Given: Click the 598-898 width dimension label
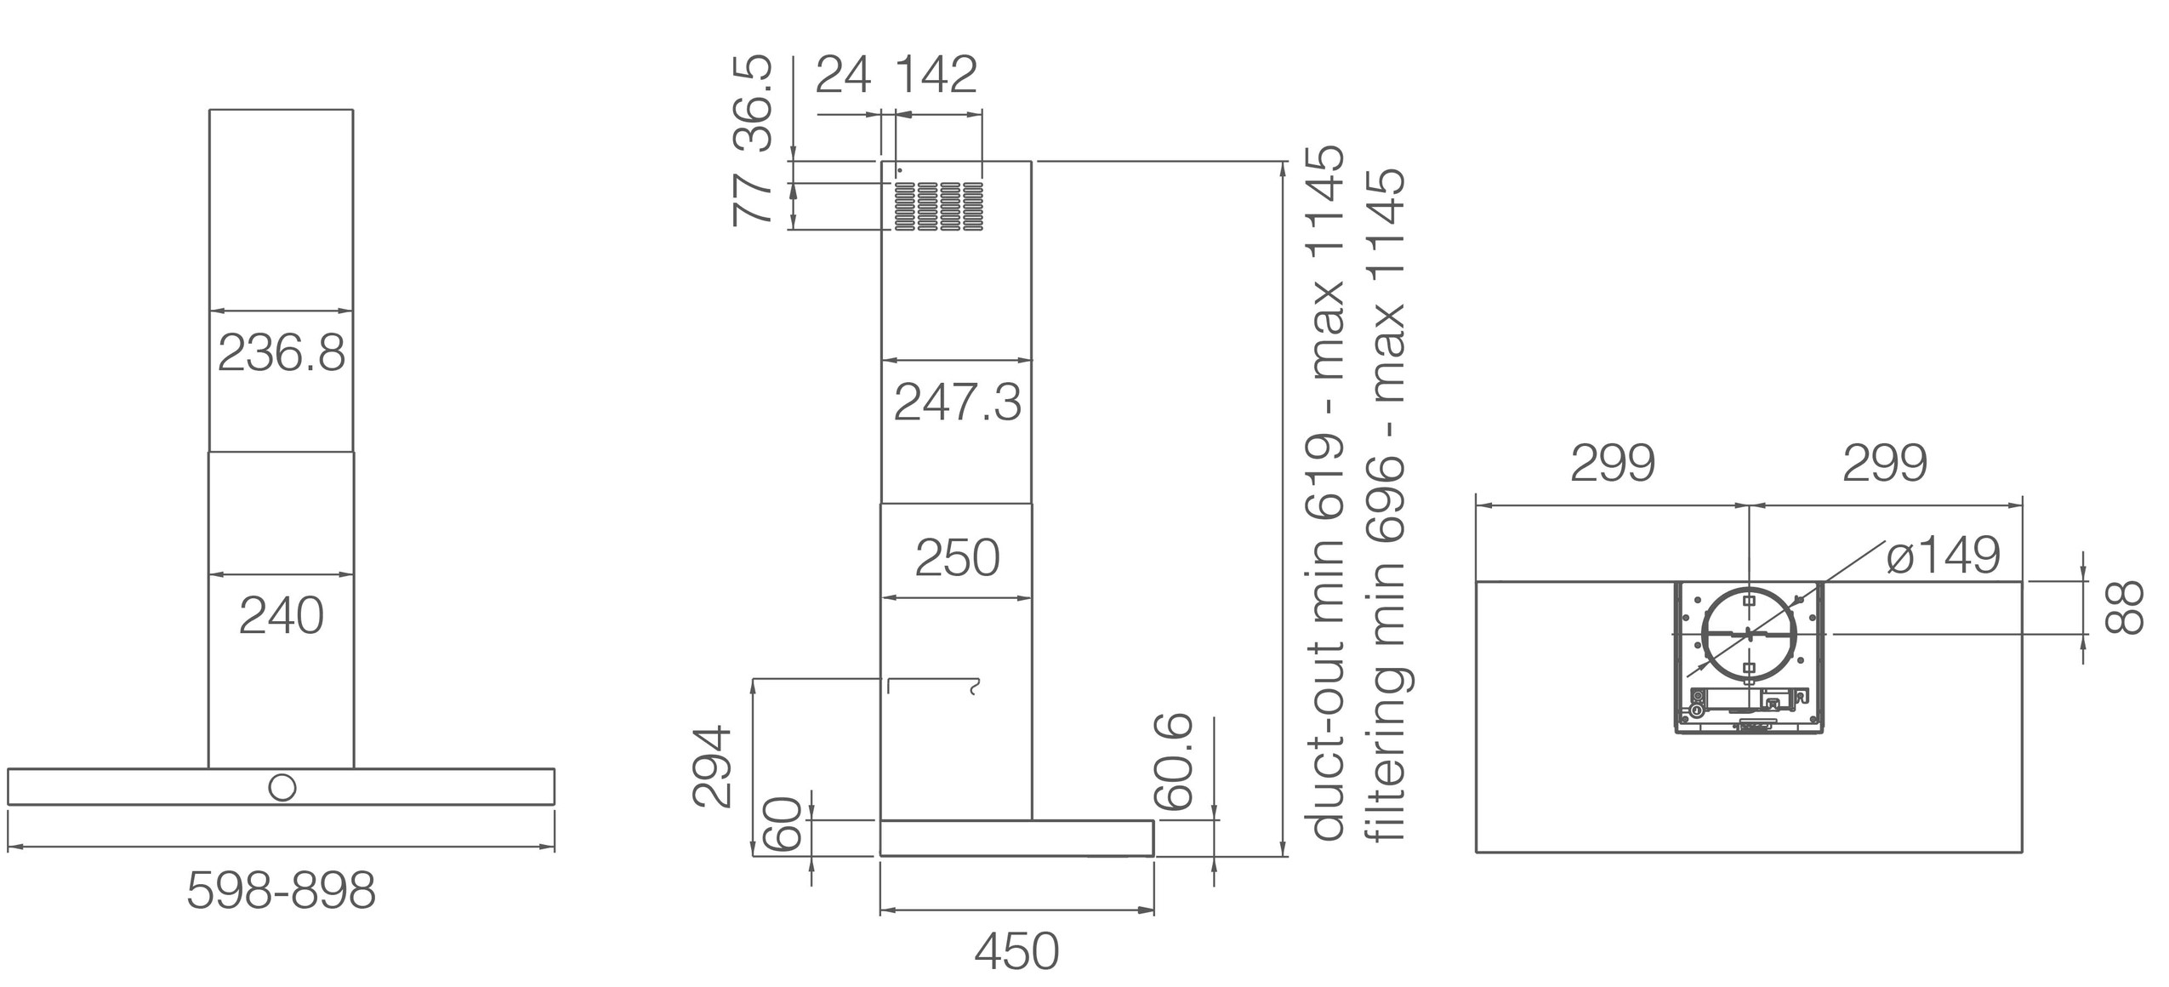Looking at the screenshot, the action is click(281, 892).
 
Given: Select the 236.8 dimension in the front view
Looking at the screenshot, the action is click(282, 353).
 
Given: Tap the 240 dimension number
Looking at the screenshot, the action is click(282, 616).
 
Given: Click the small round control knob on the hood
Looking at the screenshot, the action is click(282, 787).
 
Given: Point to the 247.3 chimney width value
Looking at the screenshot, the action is click(957, 402).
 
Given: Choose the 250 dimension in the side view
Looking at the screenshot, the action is click(957, 558).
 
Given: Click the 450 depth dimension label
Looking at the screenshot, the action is click(1016, 951).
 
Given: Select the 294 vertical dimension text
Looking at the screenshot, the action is click(712, 766).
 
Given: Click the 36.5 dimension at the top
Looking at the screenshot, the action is click(753, 104).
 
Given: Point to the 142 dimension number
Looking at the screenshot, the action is click(936, 75).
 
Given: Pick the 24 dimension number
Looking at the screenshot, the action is click(843, 75).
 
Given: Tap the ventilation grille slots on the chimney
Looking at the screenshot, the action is click(938, 206).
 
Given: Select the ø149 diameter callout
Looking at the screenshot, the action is click(1943, 556).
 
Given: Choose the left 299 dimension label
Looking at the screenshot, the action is click(1612, 464).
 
